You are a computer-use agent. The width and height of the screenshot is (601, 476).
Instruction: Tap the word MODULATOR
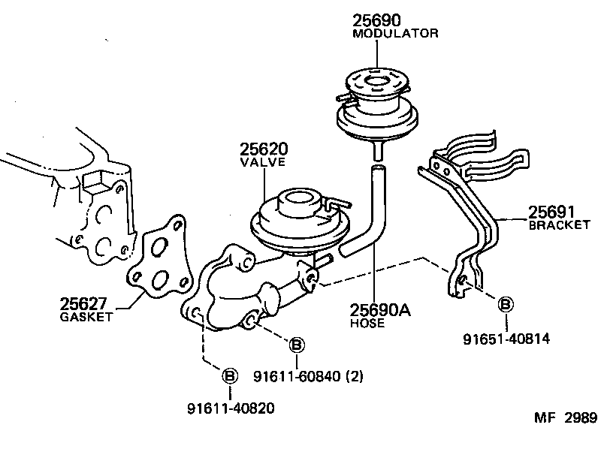pyautogui.click(x=395, y=34)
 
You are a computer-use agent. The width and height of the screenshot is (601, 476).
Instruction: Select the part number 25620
pyautogui.click(x=264, y=149)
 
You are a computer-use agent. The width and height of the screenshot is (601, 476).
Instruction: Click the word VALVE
pyautogui.click(x=262, y=163)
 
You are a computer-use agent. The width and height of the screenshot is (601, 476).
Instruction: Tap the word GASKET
pyautogui.click(x=86, y=317)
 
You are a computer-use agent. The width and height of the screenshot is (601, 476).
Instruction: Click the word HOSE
pyautogui.click(x=367, y=323)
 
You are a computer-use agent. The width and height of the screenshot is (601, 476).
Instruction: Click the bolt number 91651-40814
pyautogui.click(x=506, y=339)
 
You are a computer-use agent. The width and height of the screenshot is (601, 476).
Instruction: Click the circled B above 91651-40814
pyautogui.click(x=506, y=304)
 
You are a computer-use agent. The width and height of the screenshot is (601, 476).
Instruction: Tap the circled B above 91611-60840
pyautogui.click(x=297, y=345)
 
